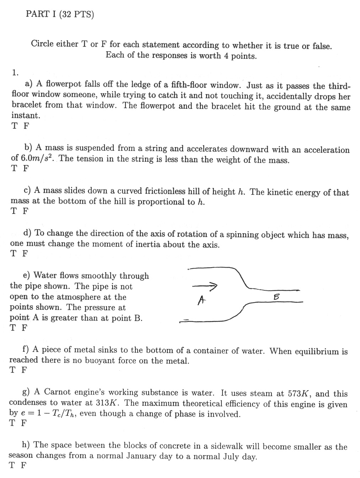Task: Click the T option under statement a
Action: [14, 126]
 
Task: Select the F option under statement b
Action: [25, 168]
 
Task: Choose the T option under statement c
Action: [14, 211]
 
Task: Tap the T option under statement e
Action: [13, 328]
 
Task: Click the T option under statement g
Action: [13, 423]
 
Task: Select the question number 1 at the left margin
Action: [15, 73]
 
